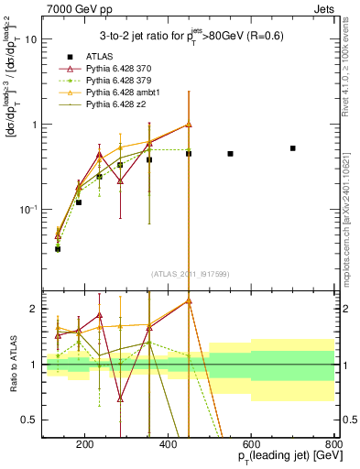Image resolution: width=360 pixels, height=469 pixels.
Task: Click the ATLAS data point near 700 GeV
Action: click(293, 147)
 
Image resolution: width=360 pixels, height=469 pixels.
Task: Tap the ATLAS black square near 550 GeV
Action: click(230, 154)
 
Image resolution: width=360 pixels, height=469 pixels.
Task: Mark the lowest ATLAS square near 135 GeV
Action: click(58, 248)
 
